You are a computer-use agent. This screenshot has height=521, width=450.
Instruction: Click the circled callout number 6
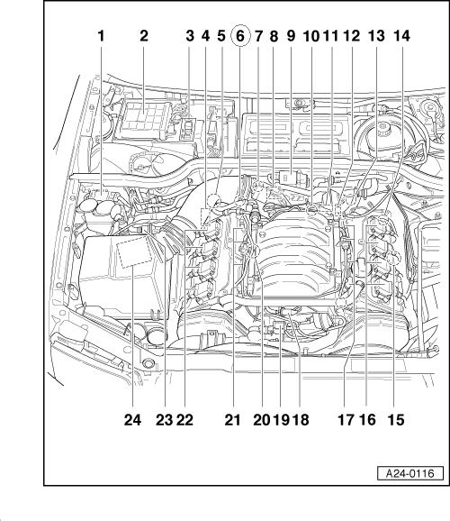coord(240,36)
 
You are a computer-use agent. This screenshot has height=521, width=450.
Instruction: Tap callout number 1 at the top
coord(101,36)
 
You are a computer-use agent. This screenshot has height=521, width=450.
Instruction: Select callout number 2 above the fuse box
coord(144,36)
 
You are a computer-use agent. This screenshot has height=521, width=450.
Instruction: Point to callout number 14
coord(401,36)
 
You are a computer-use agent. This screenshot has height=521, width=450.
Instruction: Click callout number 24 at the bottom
coord(132,420)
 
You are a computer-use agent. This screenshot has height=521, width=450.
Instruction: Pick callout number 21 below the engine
coord(232,420)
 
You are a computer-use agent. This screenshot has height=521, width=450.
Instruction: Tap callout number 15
coord(396,420)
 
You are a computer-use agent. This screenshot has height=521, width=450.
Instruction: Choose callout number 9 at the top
coord(291,36)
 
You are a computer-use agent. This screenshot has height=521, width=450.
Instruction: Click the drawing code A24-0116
coord(410,473)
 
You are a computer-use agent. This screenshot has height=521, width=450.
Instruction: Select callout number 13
coord(376,36)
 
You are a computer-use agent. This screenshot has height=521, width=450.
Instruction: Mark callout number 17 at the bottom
coord(346,420)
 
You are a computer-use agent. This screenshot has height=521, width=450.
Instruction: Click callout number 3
coord(190,36)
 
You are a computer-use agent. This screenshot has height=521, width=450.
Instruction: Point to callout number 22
coord(184,420)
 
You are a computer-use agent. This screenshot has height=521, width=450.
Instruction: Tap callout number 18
coord(301,420)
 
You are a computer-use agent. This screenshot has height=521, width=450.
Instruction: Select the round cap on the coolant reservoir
coord(383,127)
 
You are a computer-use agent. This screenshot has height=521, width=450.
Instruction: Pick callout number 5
coord(221,36)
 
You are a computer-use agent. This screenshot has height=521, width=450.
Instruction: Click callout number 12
coord(351,36)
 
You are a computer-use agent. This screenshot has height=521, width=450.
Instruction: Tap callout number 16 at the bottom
coord(367,420)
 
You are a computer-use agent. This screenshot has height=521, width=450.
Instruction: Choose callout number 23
coord(165,420)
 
